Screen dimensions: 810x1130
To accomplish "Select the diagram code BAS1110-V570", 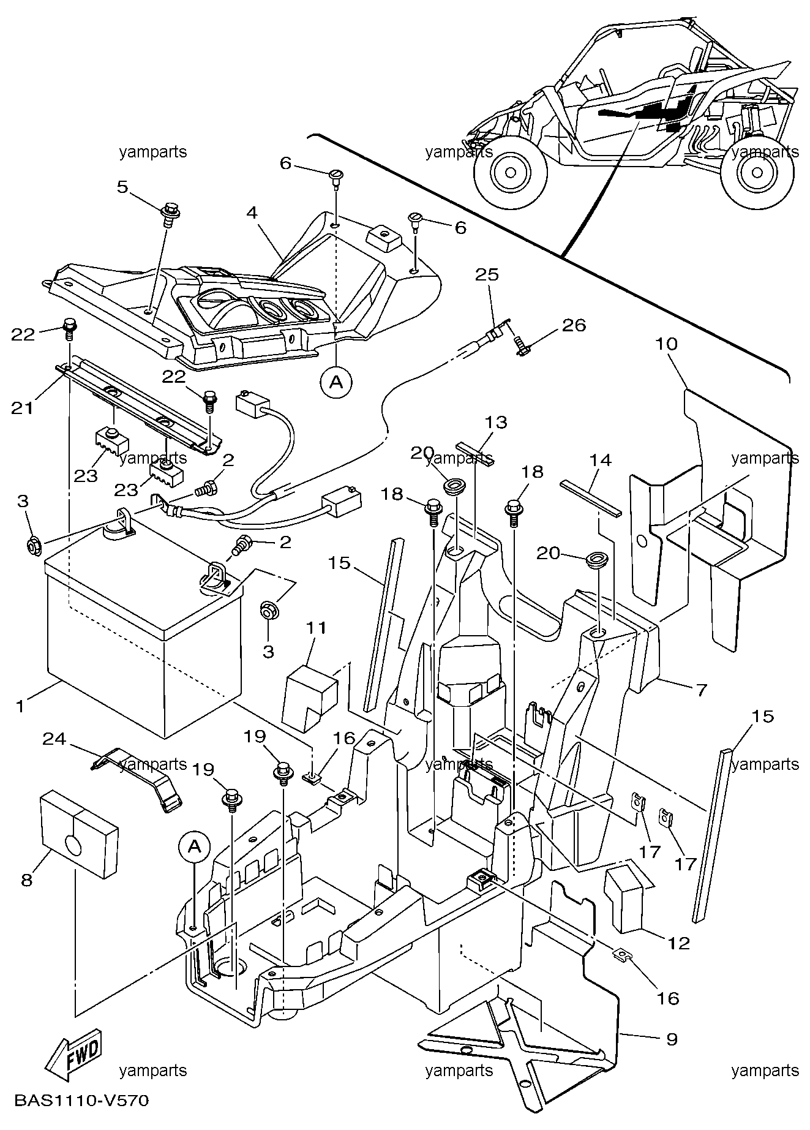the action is click(81, 1118).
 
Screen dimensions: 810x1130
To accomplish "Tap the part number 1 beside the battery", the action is click(20, 706).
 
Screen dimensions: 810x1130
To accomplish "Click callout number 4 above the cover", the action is click(252, 213).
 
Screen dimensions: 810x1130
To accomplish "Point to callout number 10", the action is click(667, 344).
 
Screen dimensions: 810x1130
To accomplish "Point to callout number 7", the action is click(700, 690).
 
